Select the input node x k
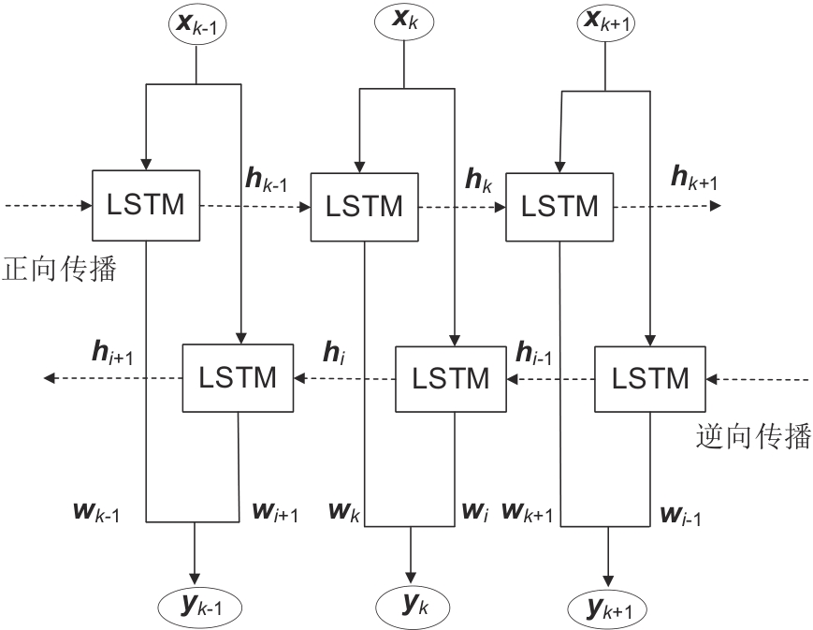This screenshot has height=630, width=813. point(404,22)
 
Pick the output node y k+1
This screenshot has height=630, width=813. point(608,608)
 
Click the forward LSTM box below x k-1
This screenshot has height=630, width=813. point(146,204)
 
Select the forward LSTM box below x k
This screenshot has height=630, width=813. point(364,206)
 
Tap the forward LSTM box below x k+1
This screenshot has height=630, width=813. point(559,206)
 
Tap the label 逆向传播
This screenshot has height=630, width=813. point(754,437)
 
